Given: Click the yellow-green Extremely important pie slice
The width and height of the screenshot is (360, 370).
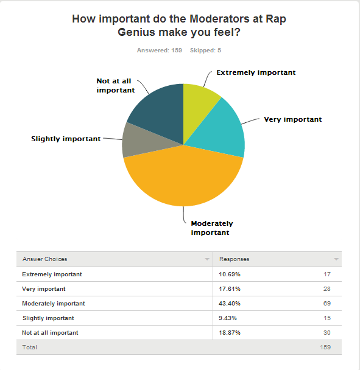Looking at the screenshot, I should pyautogui.click(x=199, y=100).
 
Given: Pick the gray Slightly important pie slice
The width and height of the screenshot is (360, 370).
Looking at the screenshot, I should pyautogui.click(x=135, y=139).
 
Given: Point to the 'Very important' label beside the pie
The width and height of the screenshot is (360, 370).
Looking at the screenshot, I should pyautogui.click(x=292, y=119).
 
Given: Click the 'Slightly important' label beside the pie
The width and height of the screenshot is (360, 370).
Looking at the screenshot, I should pyautogui.click(x=66, y=139).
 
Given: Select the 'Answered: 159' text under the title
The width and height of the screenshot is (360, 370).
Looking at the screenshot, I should pyautogui.click(x=160, y=50).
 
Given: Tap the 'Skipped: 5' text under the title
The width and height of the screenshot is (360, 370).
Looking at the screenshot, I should pyautogui.click(x=206, y=50).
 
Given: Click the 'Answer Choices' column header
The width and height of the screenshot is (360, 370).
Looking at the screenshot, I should pyautogui.click(x=45, y=259).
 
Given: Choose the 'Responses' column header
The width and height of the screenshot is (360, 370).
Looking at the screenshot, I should pyautogui.click(x=235, y=259).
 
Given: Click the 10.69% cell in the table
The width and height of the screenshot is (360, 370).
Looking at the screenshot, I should pyautogui.click(x=230, y=274).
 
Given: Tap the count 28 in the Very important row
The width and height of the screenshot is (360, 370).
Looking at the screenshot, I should pyautogui.click(x=326, y=289).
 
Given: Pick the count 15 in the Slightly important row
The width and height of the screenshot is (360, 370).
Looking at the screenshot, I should pyautogui.click(x=326, y=318).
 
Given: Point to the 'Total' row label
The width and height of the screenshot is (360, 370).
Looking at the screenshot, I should pyautogui.click(x=29, y=347).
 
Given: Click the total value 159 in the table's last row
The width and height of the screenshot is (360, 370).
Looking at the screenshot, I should pyautogui.click(x=325, y=347).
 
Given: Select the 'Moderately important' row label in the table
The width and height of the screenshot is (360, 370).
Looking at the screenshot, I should pyautogui.click(x=54, y=303).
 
